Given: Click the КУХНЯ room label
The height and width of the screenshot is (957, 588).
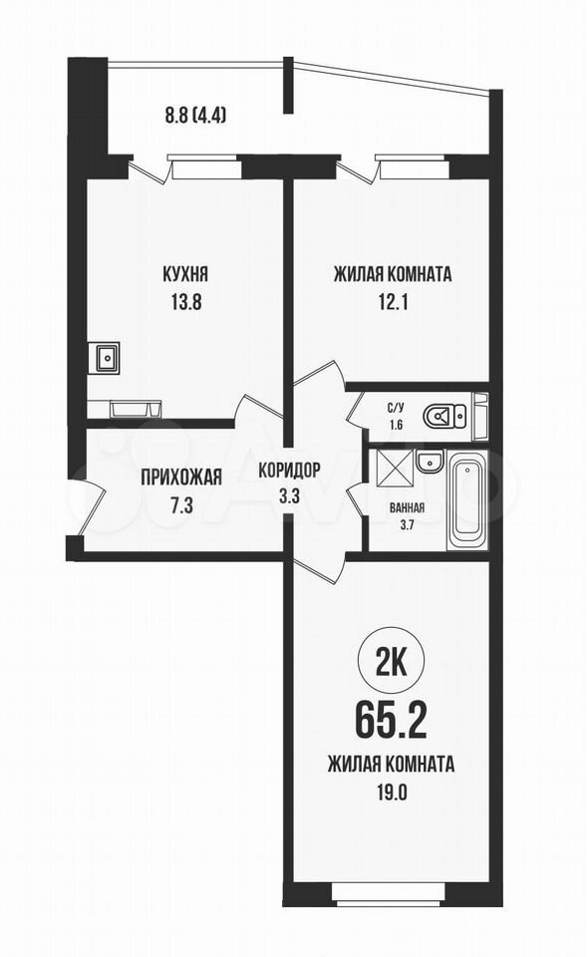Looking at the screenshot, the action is (184, 275).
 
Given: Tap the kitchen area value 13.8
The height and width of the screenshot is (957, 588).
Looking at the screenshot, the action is (185, 302).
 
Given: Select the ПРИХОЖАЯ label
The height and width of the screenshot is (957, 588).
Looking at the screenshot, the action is (181, 477).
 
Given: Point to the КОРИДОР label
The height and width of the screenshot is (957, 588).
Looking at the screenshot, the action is (289, 470).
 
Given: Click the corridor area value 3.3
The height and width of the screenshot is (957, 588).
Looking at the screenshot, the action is (289, 495).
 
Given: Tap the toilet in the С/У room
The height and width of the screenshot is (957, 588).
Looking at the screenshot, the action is (445, 417).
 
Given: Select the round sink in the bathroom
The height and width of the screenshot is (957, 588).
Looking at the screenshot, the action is (430, 462).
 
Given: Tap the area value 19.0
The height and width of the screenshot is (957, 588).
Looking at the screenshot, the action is (391, 794).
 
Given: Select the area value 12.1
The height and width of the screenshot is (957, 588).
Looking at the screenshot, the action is (392, 302).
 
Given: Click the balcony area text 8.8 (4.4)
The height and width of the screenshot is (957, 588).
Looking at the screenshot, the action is (194, 115).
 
